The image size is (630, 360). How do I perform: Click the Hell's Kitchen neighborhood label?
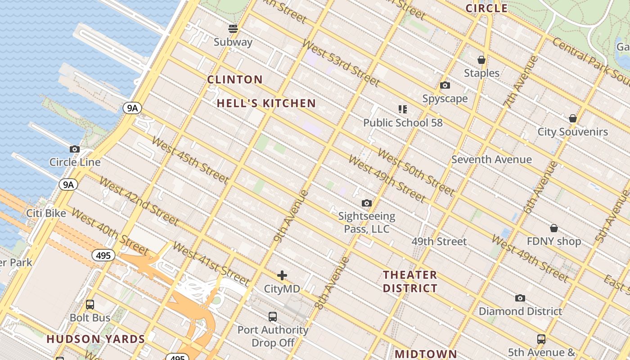click(x=266, y=103)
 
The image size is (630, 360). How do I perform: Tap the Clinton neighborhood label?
click(x=234, y=80)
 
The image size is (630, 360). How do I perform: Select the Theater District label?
click(x=410, y=281)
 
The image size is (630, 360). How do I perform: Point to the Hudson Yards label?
click(x=96, y=339)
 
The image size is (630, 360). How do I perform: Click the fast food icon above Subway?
click(x=233, y=29)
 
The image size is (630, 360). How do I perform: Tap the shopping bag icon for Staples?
click(x=481, y=60)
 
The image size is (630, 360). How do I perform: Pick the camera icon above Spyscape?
click(x=445, y=85)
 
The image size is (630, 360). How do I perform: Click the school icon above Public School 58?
click(x=402, y=109)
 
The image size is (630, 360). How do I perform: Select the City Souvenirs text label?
click(x=572, y=132)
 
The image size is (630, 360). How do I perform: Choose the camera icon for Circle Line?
click(x=75, y=149)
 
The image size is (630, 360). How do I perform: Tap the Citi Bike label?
click(x=46, y=213)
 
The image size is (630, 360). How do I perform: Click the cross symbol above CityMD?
click(x=282, y=275)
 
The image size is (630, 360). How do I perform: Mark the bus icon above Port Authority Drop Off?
click(x=273, y=316)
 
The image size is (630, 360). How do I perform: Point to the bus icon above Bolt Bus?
click(x=90, y=305)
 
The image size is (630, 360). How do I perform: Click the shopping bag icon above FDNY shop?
click(x=553, y=228)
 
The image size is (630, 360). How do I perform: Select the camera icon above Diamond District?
click(x=520, y=298)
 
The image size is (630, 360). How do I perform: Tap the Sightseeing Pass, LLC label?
click(x=366, y=223)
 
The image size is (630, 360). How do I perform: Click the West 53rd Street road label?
click(x=341, y=63)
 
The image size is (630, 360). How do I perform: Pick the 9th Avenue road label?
click(x=291, y=216)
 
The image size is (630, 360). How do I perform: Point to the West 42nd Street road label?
click(x=139, y=201)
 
